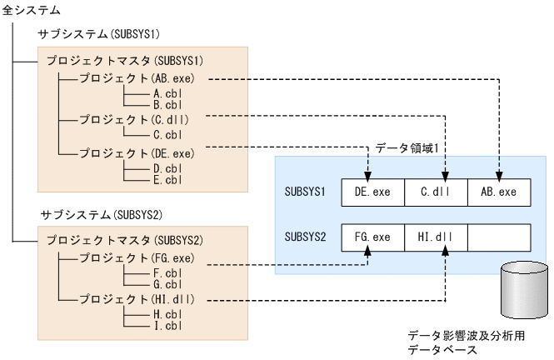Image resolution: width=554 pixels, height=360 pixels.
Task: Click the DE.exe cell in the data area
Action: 372,192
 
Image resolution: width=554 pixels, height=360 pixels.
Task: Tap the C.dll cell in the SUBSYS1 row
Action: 435,192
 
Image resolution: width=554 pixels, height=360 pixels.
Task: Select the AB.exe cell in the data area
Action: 498,192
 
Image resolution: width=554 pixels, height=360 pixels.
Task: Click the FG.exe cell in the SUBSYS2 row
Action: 372,237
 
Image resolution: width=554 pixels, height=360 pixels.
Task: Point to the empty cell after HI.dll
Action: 498,237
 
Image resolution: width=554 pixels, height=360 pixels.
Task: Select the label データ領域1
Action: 407,146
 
